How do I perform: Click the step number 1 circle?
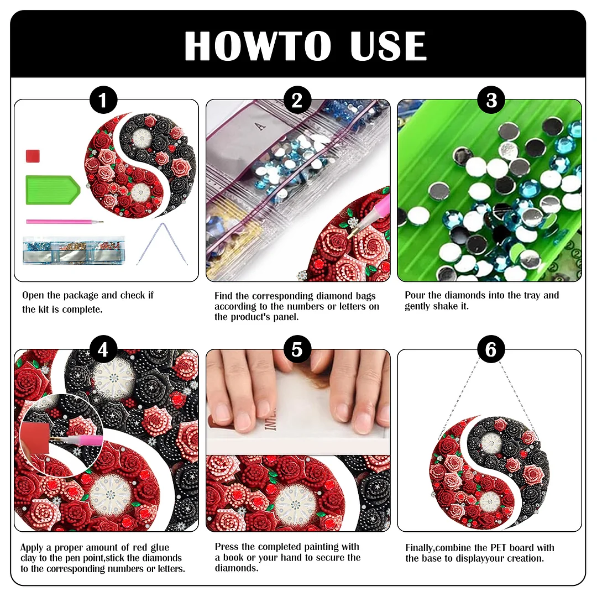[103, 101]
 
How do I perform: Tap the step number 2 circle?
[297, 101]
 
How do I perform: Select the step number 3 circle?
[491, 101]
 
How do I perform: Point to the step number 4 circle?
[103, 350]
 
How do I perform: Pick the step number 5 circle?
[297, 350]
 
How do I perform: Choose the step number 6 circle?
[491, 350]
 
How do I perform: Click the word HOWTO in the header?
[258, 46]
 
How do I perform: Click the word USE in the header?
[389, 46]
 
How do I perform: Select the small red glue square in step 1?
[33, 156]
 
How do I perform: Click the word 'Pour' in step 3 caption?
[415, 295]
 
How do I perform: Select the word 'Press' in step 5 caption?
[227, 547]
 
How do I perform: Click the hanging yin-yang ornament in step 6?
[489, 473]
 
